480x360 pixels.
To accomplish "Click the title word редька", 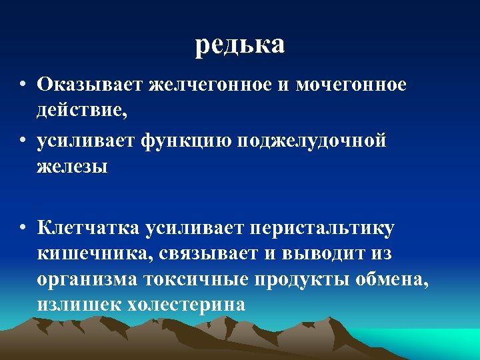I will [x=240, y=44].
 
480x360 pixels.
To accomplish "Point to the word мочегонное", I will [x=351, y=85].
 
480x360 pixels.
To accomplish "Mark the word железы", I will [x=72, y=166].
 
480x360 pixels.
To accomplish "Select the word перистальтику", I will [x=322, y=229].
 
